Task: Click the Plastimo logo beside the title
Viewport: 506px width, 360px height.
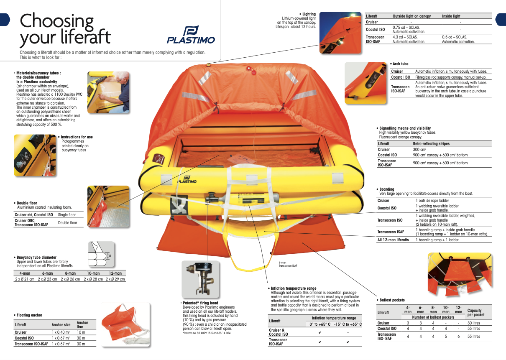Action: tap(191, 35)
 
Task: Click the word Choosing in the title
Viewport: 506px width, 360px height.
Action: tap(57, 21)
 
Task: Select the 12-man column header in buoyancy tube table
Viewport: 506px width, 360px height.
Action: tap(115, 273)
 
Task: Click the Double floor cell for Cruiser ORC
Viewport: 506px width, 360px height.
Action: tap(67, 223)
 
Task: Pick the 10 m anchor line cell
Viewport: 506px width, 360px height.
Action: tap(81, 332)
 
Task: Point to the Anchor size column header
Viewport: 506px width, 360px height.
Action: tap(61, 324)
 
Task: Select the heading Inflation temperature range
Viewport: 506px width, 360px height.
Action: tap(294, 288)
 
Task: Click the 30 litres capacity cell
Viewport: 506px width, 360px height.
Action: tap(474, 323)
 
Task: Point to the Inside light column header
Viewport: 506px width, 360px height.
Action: tap(451, 16)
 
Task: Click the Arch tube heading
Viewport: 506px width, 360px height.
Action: tap(400, 64)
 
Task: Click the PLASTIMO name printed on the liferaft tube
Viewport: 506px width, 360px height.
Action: tap(187, 181)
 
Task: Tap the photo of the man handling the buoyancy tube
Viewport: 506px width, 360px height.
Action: tap(108, 92)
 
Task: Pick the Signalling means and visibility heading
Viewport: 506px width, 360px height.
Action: tap(404, 128)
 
